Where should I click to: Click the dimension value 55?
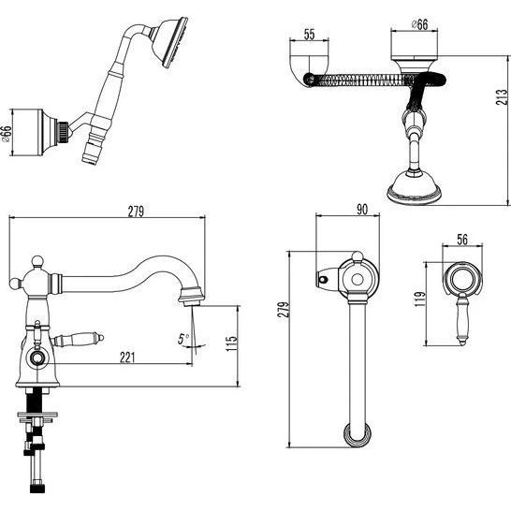pos(309,34)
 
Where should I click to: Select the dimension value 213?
pos(502,96)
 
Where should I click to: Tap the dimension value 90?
pos(362,210)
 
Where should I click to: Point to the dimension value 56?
pos(462,240)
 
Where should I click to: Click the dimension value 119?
pos(420,299)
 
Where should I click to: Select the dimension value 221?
pos(127,358)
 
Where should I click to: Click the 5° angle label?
pos(183,339)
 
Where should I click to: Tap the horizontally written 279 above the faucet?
pos(136,212)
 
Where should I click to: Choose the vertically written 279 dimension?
pos(284,309)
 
